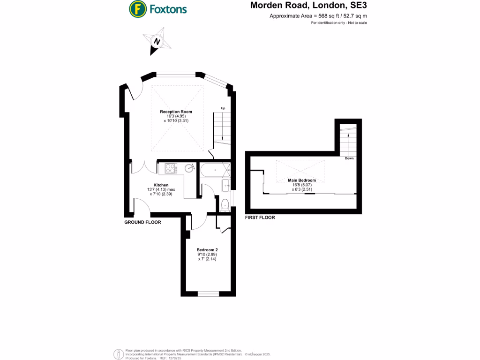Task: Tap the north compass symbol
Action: (157, 41)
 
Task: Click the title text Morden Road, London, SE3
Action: (308, 6)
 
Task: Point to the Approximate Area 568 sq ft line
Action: (318, 16)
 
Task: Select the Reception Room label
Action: (176, 112)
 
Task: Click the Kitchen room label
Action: (161, 185)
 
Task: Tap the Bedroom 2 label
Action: (207, 249)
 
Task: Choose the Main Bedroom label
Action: (302, 180)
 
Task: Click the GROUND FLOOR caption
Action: (142, 222)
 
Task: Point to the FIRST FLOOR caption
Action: (260, 217)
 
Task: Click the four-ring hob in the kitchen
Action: (170, 167)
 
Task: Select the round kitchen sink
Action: (190, 168)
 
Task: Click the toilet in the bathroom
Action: (225, 203)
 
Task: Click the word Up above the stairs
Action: (223, 109)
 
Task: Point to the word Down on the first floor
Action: (349, 158)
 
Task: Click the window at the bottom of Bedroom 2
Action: (208, 294)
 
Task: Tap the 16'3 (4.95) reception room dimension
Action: (176, 116)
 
